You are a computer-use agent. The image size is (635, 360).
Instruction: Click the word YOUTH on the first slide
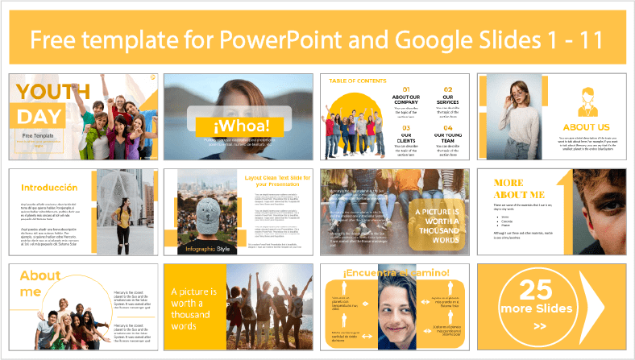41,89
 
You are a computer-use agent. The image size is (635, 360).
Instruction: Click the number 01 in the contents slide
406,89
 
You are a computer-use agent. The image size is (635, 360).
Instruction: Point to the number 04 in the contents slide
448,127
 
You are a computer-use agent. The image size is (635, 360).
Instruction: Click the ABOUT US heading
587,126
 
